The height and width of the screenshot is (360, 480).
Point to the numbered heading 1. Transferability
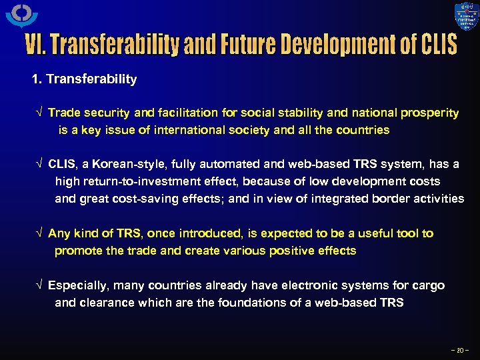click(x=85, y=79)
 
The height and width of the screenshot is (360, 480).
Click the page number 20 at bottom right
click(x=460, y=349)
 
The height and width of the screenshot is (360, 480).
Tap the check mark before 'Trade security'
click(x=39, y=113)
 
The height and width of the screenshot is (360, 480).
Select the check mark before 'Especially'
click(x=39, y=285)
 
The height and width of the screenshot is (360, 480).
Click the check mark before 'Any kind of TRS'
click(x=39, y=233)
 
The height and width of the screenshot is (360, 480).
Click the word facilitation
click(x=191, y=113)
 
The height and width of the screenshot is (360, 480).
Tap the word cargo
click(x=428, y=285)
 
